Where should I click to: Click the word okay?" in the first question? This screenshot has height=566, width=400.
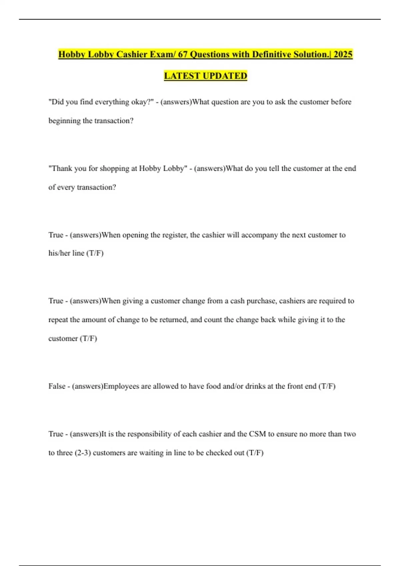[x=142, y=102]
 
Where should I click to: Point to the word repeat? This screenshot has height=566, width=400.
[x=58, y=320]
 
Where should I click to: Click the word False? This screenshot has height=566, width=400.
[x=57, y=386]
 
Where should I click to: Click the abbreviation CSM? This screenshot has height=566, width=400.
[x=257, y=434]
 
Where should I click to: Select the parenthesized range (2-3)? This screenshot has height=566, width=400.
[x=83, y=453]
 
